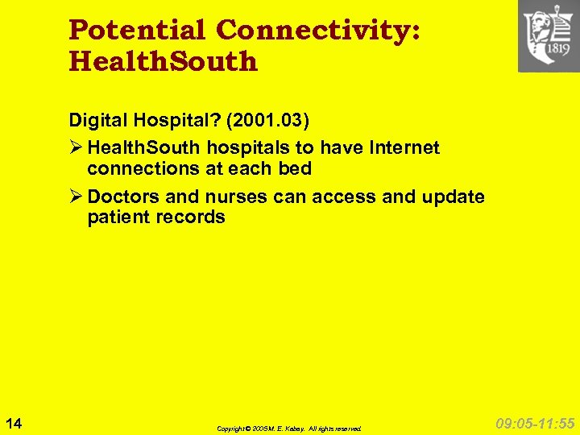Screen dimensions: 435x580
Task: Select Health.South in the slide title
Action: [164, 61]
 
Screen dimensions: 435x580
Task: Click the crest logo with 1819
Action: [549, 36]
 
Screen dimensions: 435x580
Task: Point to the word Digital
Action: [95, 121]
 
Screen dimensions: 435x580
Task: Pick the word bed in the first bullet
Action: [295, 168]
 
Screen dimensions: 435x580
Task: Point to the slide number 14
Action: [14, 422]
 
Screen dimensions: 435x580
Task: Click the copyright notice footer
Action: [289, 429]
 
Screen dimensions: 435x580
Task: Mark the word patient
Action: [117, 217]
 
